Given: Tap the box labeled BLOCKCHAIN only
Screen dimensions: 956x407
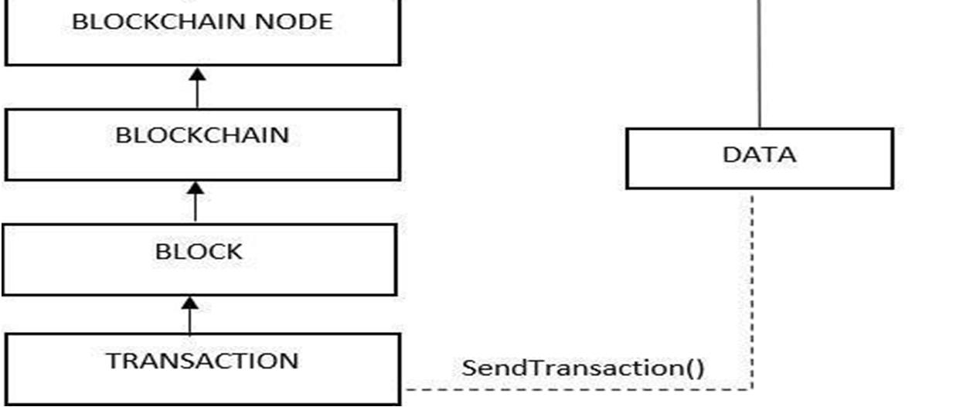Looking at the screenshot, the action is click(202, 144).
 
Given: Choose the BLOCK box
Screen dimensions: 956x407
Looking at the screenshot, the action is click(199, 259).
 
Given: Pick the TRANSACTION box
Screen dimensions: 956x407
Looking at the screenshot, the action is click(202, 369).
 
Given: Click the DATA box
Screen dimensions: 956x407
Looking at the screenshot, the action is click(759, 158).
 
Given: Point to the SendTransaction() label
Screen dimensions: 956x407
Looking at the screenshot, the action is click(583, 368).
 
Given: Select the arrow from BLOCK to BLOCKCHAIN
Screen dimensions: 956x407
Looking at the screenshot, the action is click(196, 205).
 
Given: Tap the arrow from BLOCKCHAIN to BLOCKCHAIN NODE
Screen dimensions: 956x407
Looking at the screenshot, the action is click(197, 90).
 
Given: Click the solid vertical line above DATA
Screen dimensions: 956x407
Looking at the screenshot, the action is click(759, 62).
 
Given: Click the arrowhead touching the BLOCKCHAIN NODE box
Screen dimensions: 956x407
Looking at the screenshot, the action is click(197, 73).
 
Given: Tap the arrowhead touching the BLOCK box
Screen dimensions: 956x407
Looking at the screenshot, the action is click(189, 304).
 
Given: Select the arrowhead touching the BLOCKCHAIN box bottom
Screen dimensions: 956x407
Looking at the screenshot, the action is click(196, 188).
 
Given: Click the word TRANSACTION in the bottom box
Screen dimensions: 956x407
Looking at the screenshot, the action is click(202, 361).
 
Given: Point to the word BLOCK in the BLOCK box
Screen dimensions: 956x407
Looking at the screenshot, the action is click(199, 252).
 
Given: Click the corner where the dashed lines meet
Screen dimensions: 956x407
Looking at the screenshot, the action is click(752, 388).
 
